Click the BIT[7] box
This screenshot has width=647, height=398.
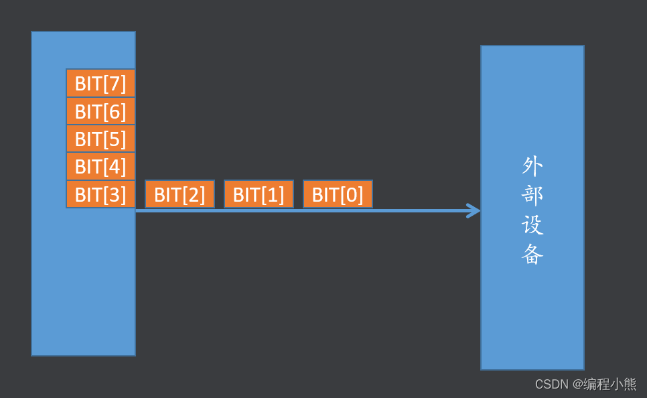tap(100, 83)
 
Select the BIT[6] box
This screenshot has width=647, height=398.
tap(100, 111)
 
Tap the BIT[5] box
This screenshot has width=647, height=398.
tap(100, 139)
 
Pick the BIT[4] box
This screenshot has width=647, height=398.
tap(100, 166)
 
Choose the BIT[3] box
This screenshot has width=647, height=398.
tap(100, 194)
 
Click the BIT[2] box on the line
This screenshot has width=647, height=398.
tap(179, 194)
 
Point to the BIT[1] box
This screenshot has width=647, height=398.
tap(259, 194)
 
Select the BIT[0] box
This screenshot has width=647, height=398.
tap(338, 194)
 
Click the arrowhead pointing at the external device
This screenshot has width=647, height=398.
tap(474, 210)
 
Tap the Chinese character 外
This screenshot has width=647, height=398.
tap(532, 165)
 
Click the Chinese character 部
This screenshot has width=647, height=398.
tap(532, 194)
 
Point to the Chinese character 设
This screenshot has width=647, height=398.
tap(532, 224)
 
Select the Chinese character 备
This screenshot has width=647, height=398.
tap(532, 254)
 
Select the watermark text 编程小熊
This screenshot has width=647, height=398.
tap(610, 385)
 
